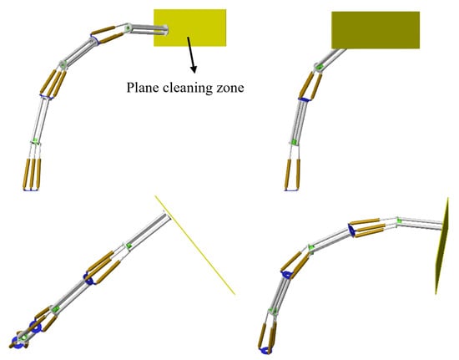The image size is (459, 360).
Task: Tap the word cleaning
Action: tap(188, 88)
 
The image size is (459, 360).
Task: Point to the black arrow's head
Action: tap(194, 69)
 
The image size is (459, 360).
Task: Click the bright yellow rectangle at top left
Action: tap(190, 28)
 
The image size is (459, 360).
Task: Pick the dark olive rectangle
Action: tap(376, 30)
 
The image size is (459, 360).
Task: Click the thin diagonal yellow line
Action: tap(195, 245)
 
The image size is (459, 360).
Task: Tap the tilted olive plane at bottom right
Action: tap(442, 246)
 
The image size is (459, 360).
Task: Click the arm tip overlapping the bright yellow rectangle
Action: tap(165, 30)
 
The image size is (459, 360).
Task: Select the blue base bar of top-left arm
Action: tap(30, 190)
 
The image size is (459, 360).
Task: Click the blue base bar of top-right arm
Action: tap(291, 190)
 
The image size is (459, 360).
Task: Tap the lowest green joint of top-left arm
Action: tap(35, 141)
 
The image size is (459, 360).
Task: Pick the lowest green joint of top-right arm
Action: tap(294, 142)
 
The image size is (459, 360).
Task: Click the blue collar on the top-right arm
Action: tap(304, 99)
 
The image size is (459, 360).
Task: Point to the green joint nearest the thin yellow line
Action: tap(128, 246)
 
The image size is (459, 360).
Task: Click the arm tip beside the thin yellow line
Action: tap(166, 215)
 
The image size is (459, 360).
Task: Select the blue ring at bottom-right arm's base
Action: tap(265, 350)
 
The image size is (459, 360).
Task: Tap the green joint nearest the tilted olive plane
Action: tap(399, 221)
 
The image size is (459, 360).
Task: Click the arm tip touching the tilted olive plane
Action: tap(440, 226)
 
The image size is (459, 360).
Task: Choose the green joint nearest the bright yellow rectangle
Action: tap(128, 28)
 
